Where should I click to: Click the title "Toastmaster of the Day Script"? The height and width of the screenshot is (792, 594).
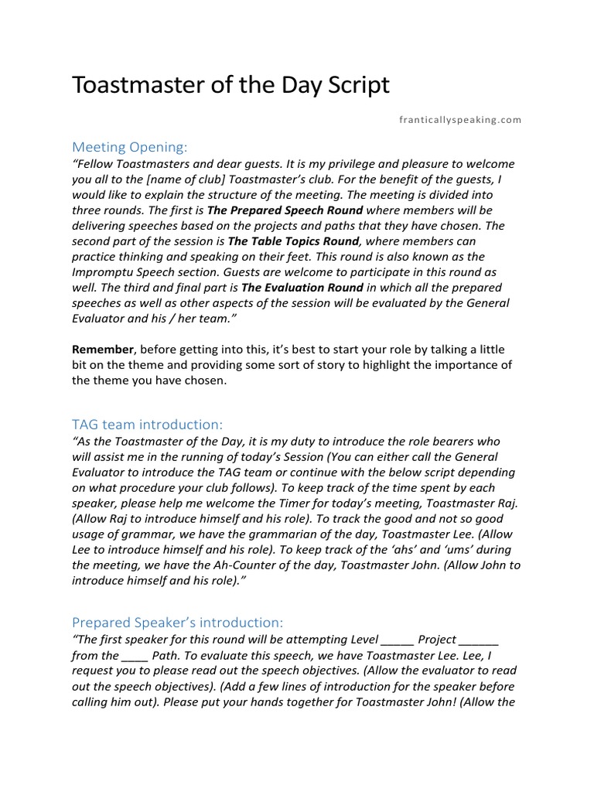coord(230,85)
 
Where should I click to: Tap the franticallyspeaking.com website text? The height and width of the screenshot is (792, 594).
coord(459,120)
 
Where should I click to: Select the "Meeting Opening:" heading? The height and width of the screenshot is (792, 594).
coord(129,147)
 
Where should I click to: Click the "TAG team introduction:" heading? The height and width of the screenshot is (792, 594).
coord(147,424)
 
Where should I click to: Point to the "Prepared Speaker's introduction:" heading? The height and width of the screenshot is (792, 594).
coord(177,622)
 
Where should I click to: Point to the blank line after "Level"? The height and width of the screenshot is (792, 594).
coord(398,640)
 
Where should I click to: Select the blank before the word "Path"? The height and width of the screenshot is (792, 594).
coord(135,656)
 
